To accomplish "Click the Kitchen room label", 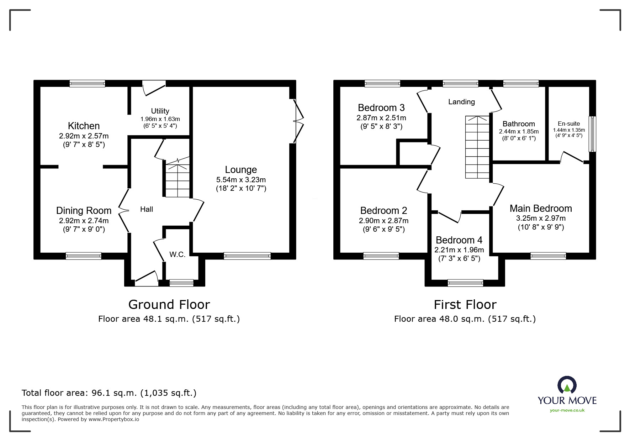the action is (84, 126).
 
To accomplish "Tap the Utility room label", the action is (160, 111).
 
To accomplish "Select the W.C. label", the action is (177, 254).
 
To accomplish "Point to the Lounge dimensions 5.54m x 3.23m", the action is (241, 180).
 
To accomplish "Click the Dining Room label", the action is (84, 211).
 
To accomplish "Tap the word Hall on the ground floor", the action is (147, 209).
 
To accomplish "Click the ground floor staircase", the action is (177, 180).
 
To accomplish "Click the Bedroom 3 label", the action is (381, 107).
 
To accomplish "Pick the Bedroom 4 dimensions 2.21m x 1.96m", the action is (459, 250).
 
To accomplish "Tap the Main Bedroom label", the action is (541, 208).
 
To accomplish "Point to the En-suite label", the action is (569, 124).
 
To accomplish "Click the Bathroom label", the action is (519, 124).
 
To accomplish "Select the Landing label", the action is (461, 102).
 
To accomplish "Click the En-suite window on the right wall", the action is (592, 134).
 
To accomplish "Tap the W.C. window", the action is (181, 283).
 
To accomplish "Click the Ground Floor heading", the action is (169, 305).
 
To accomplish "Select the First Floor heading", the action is (465, 305).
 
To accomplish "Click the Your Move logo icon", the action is (567, 385).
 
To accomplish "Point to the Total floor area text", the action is (109, 393).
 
